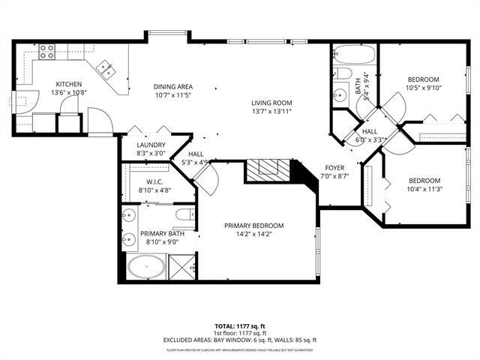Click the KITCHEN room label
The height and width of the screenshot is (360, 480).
pos(68,84)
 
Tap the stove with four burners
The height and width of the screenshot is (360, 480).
pos(46,51)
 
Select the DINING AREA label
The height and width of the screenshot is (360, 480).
pos(173,86)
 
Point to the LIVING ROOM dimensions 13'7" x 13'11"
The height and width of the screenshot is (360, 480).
pos(271,112)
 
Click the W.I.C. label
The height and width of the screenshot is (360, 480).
pos(154,181)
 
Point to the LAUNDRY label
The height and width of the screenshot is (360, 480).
pos(151,145)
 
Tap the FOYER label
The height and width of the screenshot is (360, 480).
pos(334,167)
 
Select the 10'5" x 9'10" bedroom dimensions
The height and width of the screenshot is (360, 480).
pos(424,88)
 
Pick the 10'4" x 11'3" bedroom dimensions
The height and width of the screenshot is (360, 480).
pos(424,189)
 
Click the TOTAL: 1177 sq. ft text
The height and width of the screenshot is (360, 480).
pos(240,326)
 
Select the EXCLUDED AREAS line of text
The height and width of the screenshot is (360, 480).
pos(240,340)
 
